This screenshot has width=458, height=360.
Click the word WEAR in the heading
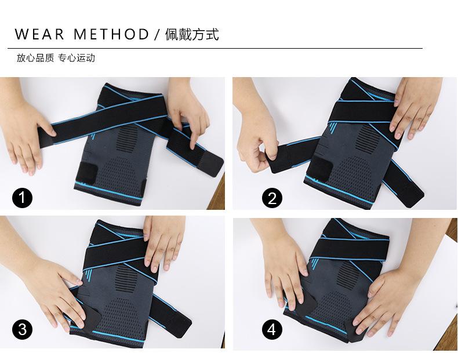[39, 34]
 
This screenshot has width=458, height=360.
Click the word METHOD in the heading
[111, 34]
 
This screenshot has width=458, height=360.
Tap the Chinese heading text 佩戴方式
[192, 34]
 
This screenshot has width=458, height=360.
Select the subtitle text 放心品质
[35, 58]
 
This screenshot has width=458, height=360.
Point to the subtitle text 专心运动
[77, 58]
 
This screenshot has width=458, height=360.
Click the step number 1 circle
[22, 198]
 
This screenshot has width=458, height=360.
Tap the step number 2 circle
[272, 198]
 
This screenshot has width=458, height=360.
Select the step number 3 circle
[22, 330]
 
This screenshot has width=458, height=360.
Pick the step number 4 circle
[272, 330]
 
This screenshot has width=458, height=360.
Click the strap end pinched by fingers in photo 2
[278, 159]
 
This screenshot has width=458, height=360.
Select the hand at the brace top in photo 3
[163, 242]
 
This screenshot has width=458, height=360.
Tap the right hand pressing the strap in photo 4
[388, 304]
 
